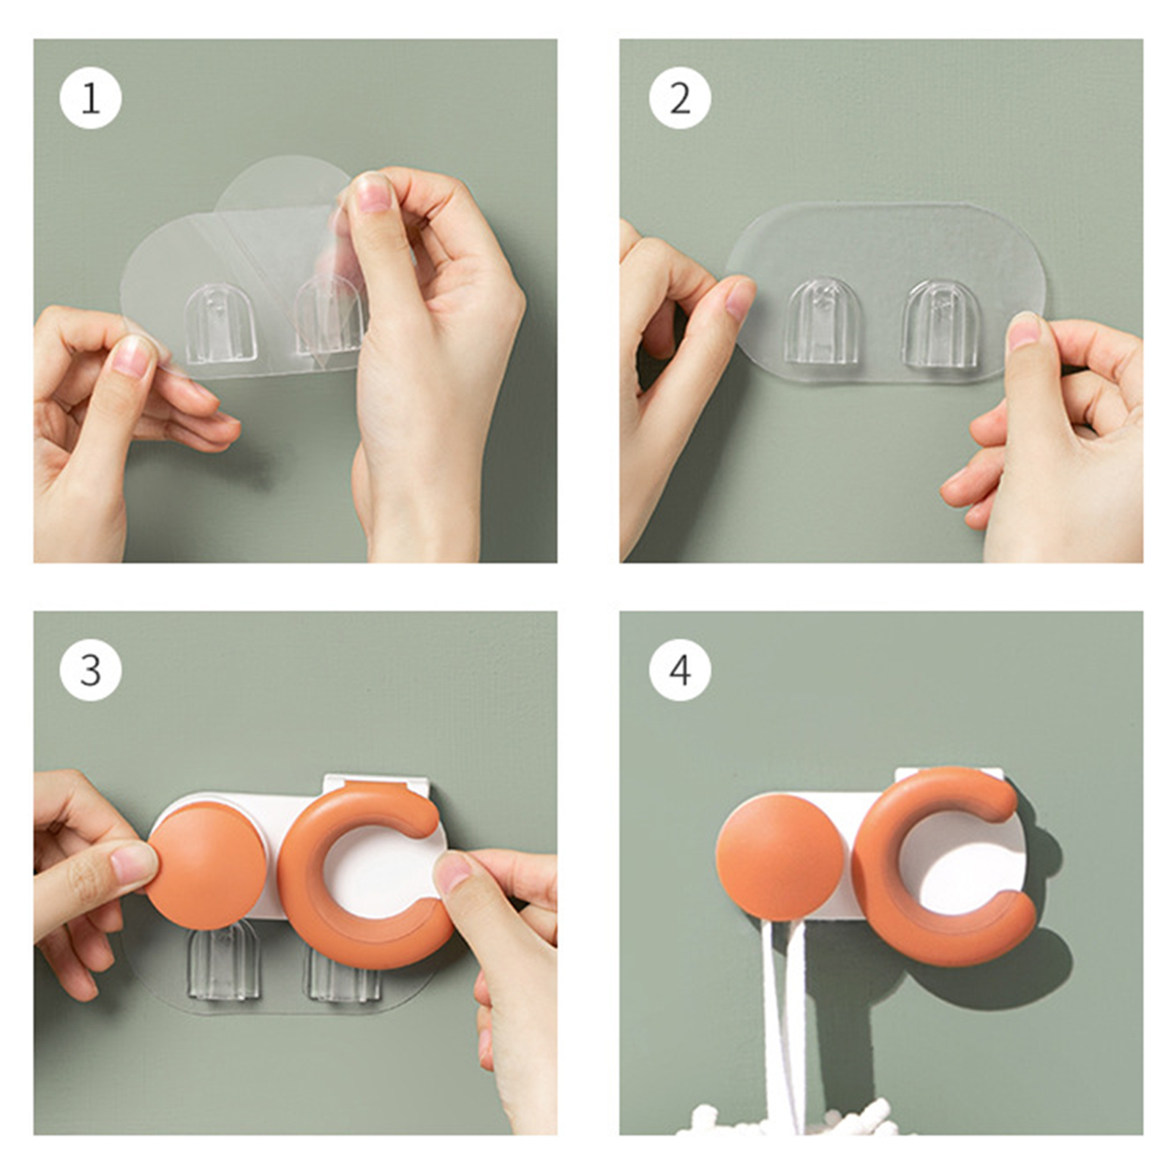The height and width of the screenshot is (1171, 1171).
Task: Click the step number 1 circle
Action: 91,98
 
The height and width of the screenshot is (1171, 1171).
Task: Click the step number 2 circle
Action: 680,98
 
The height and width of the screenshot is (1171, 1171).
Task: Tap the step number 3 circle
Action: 91,670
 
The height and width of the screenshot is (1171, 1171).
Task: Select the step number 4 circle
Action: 680,670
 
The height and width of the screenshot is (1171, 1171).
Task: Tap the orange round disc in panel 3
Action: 206,864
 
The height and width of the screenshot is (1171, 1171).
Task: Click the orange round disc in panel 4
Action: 780,857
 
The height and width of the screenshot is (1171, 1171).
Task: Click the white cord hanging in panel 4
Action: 783,1025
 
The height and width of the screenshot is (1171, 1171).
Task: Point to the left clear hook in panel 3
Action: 223,962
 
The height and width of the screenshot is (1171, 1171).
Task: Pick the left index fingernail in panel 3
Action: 133,862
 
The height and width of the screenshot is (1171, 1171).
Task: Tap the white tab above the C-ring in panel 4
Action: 949,774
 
